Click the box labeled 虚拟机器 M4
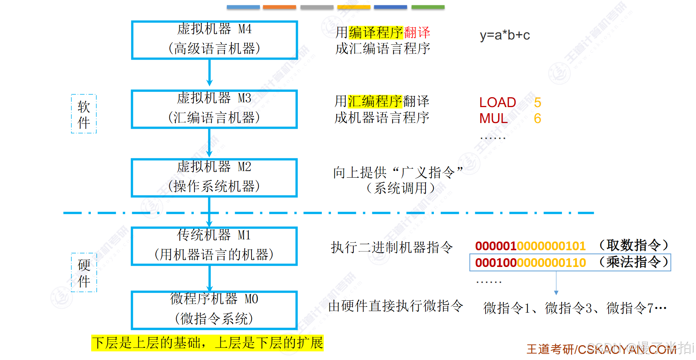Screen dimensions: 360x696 [x=214, y=40]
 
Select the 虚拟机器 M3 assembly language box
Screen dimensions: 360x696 [x=214, y=109]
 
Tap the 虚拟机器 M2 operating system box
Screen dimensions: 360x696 [x=214, y=178]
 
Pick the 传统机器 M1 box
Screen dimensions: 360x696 [x=214, y=246]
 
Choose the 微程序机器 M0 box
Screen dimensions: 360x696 [x=214, y=310]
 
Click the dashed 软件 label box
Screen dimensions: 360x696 [x=84, y=114]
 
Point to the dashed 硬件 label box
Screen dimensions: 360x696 [x=84, y=272]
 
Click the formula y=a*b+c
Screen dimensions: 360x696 [x=505, y=35]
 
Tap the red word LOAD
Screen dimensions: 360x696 [x=497, y=103]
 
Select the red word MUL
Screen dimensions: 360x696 [x=493, y=119]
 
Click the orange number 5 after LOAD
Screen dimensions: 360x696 [x=537, y=103]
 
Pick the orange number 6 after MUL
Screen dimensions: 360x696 [x=537, y=119]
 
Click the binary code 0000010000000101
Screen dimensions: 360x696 [x=530, y=246]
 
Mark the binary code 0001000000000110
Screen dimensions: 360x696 [x=530, y=263]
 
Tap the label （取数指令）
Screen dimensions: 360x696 [x=633, y=245]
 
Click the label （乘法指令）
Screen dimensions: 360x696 [x=633, y=262]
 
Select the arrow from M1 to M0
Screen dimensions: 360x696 [x=209, y=278]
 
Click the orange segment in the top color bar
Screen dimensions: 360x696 [x=279, y=7]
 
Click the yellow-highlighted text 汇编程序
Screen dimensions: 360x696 [x=375, y=101]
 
